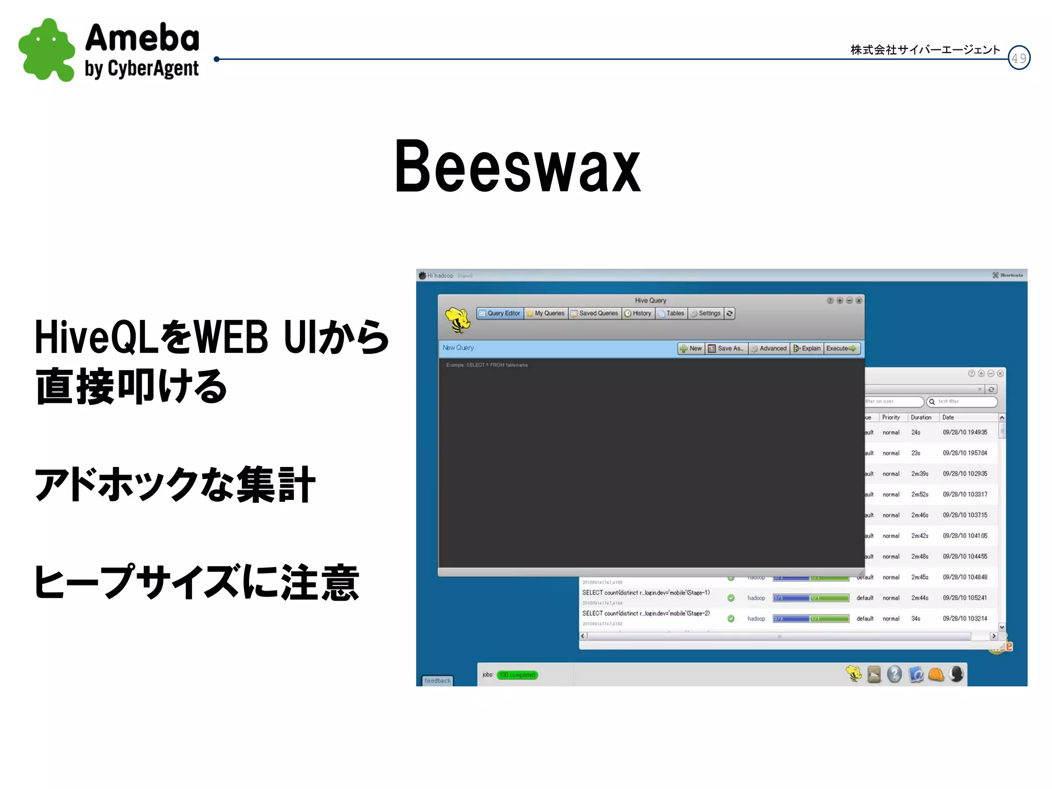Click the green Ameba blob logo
click(46, 50)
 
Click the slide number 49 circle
click(1019, 58)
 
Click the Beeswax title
click(518, 167)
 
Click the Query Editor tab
click(499, 313)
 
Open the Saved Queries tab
click(595, 313)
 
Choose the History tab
click(638, 313)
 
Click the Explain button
click(807, 348)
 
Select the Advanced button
click(769, 348)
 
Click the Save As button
click(726, 348)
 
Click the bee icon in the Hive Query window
click(457, 320)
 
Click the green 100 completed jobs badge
click(517, 675)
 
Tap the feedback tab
click(437, 681)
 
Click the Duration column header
click(921, 418)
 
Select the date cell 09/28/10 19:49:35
click(965, 433)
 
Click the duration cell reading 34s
click(916, 618)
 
